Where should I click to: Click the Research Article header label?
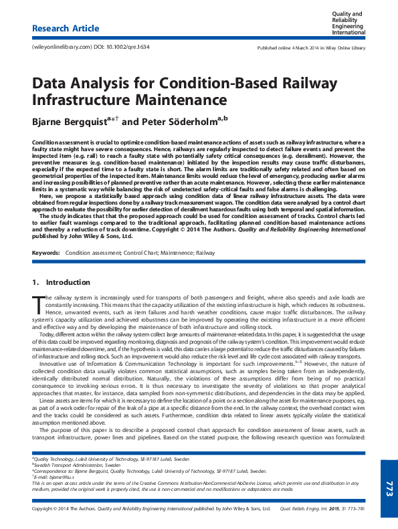[66, 29]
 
